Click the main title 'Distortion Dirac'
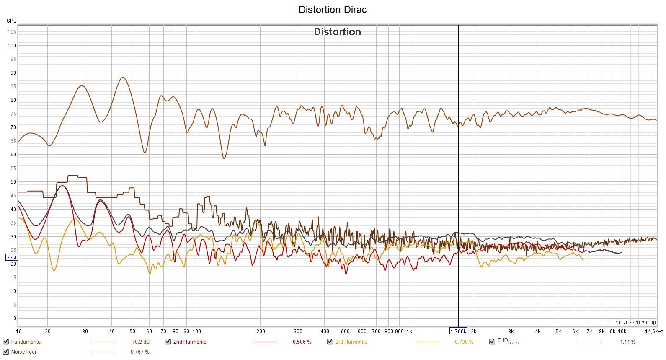tap(332, 10)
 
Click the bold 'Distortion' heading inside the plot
tap(337, 32)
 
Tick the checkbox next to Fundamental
tap(6, 342)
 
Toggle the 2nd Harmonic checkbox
tap(168, 342)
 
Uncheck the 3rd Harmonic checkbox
tap(330, 342)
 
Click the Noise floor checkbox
tap(6, 352)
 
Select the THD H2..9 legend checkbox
tap(492, 342)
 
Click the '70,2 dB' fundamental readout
tap(140, 342)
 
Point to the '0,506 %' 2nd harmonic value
tap(302, 342)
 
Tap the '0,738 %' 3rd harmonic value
tap(464, 342)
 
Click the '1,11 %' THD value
tap(627, 342)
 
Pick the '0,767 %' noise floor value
tap(140, 352)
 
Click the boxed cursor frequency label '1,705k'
tap(458, 331)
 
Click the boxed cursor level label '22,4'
tap(11, 258)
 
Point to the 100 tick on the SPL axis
tap(12, 46)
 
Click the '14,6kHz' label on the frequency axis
tap(654, 332)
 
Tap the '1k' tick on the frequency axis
tap(409, 332)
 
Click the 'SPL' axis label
tap(11, 21)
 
